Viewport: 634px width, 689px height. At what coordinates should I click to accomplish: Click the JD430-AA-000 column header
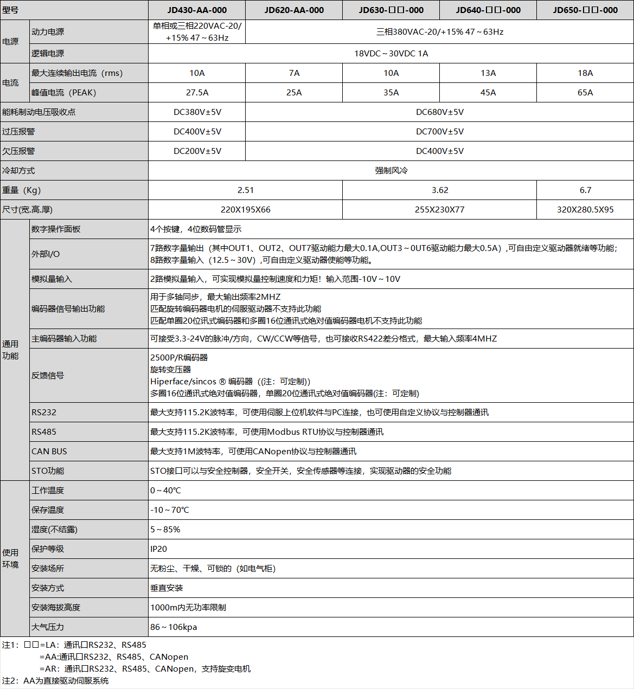pyautogui.click(x=197, y=10)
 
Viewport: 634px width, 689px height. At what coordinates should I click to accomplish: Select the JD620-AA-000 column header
pyautogui.click(x=294, y=10)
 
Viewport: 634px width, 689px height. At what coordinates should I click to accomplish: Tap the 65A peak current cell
pyautogui.click(x=585, y=93)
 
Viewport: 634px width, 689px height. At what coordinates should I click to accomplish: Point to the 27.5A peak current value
pyautogui.click(x=197, y=93)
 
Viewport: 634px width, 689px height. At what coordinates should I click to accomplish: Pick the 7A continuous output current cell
pyautogui.click(x=294, y=73)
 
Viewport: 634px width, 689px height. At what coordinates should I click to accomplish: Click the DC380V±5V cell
pyautogui.click(x=197, y=112)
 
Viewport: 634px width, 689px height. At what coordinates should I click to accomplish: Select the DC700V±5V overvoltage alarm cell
pyautogui.click(x=439, y=132)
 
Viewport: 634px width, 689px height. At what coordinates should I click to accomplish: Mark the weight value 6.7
pyautogui.click(x=585, y=190)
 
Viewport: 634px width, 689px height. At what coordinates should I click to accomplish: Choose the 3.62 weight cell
pyautogui.click(x=439, y=190)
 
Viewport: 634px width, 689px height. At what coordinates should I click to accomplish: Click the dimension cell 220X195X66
pyautogui.click(x=245, y=210)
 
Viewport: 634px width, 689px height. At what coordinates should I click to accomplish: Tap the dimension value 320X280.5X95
pyautogui.click(x=585, y=210)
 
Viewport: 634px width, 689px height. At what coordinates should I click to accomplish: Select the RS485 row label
pyautogui.click(x=44, y=432)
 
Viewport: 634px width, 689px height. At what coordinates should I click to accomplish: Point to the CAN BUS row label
pyautogui.click(x=49, y=452)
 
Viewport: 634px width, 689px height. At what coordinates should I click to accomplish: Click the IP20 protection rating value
pyautogui.click(x=159, y=549)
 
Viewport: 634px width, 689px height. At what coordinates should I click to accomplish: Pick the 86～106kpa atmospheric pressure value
pyautogui.click(x=174, y=627)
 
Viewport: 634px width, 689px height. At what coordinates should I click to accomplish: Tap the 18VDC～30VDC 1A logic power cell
pyautogui.click(x=390, y=54)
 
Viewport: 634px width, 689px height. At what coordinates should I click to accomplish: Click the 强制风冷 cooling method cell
pyautogui.click(x=390, y=171)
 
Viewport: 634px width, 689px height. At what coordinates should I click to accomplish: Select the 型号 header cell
pyautogui.click(x=10, y=10)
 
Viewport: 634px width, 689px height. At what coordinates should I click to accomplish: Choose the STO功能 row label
pyautogui.click(x=48, y=471)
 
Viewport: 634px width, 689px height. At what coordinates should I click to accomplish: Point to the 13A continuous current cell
pyautogui.click(x=488, y=73)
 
